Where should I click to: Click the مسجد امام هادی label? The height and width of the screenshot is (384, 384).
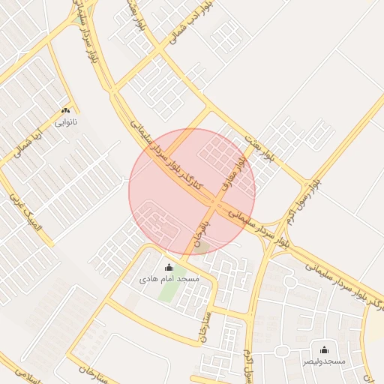coord(169,279)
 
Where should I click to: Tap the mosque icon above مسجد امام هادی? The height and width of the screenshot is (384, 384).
coord(169,268)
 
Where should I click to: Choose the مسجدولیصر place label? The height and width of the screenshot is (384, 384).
coord(324,361)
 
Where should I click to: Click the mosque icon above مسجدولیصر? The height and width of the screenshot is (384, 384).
coord(324,349)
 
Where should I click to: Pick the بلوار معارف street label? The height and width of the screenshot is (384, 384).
coord(232,172)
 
